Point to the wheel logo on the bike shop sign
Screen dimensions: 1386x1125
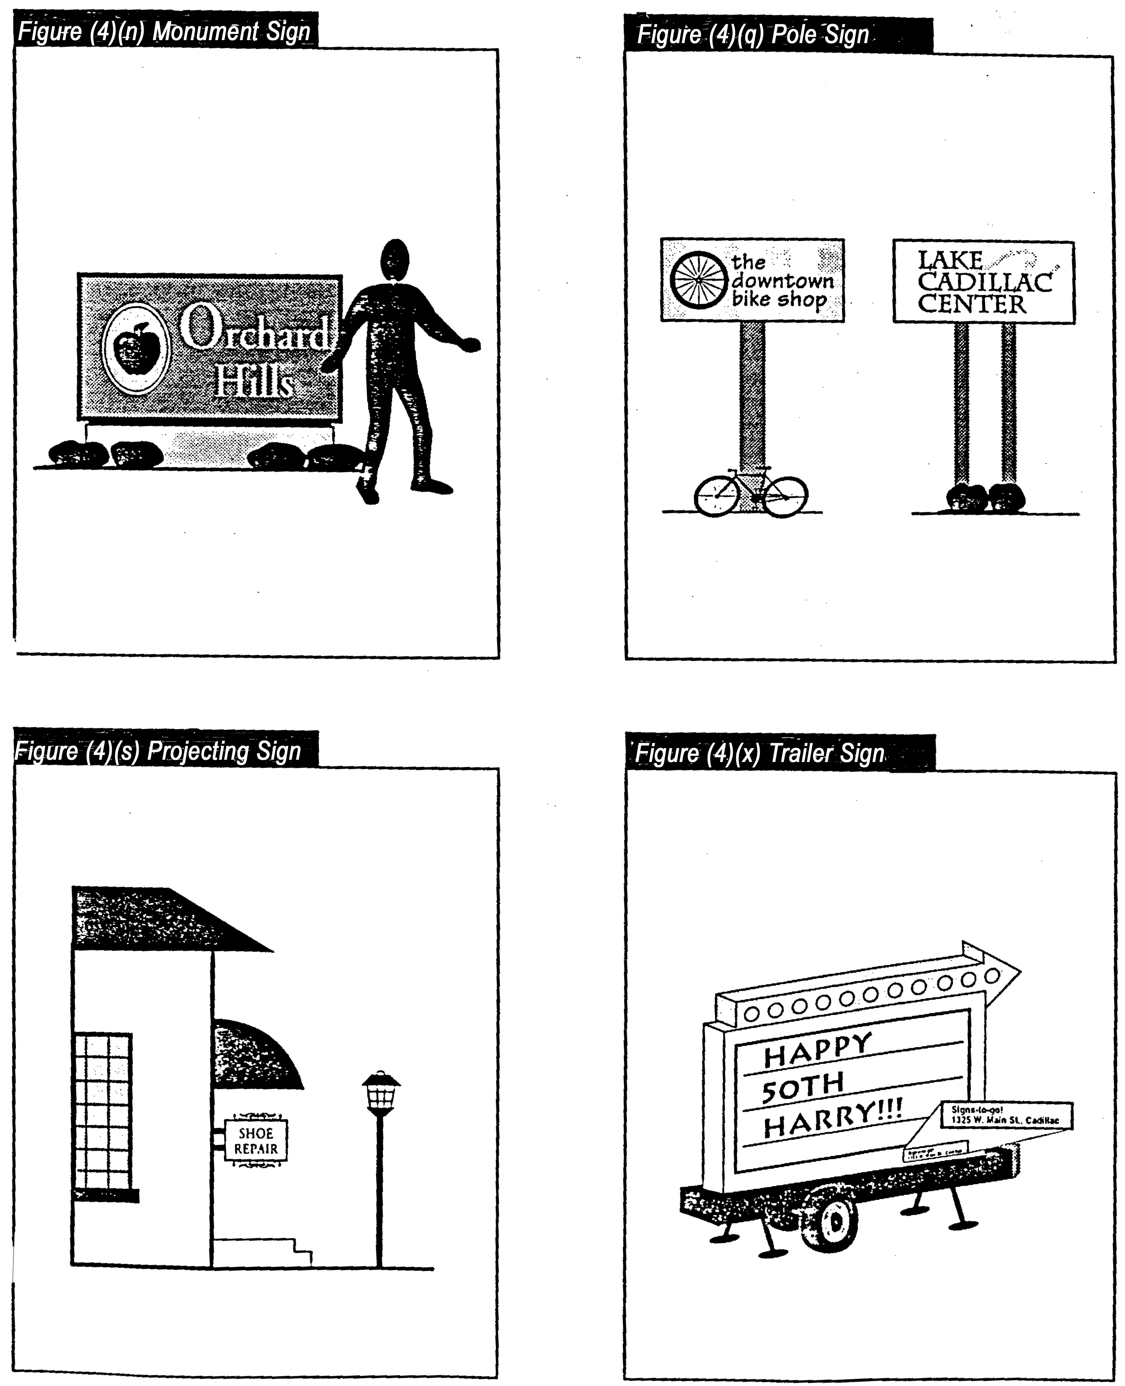pos(699,280)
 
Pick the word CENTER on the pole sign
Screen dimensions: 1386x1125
pos(972,304)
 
